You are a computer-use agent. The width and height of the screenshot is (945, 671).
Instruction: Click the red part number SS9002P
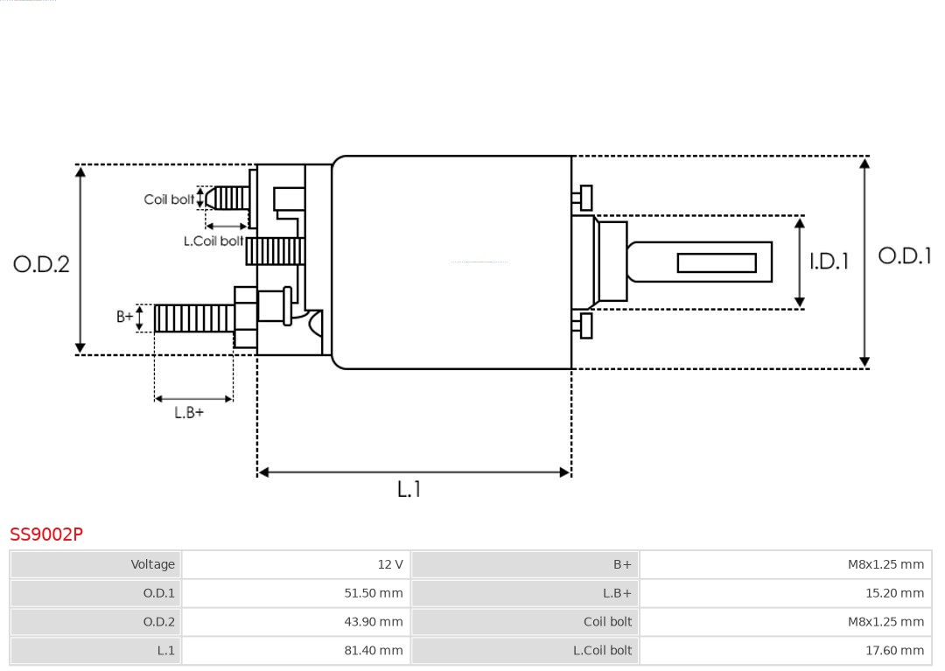(46, 535)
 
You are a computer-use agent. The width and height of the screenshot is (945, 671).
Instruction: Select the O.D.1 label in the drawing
(905, 255)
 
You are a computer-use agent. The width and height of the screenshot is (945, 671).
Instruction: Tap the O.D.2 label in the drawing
(41, 263)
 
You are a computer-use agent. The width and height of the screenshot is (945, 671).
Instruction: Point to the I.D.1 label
(828, 261)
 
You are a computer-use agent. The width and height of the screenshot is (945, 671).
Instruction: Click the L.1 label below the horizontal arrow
(409, 489)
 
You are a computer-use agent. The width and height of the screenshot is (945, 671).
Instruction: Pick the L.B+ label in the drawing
(189, 412)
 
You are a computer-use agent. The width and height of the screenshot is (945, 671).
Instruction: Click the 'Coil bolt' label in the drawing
(169, 199)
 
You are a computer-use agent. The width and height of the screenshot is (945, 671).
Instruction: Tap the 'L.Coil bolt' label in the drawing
(213, 241)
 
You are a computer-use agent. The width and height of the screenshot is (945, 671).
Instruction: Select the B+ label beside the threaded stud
(125, 317)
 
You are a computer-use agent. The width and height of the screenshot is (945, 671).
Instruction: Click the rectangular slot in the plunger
(716, 262)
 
